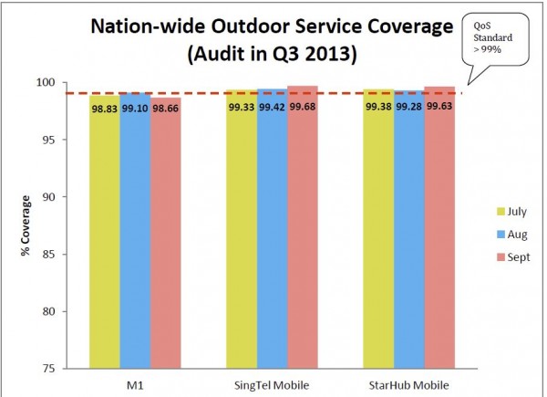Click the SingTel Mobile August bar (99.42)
[x=272, y=228]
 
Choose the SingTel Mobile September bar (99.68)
[x=303, y=227]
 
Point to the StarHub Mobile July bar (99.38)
[x=378, y=228]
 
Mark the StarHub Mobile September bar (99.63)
[x=439, y=227]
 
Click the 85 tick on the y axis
[x=72, y=255]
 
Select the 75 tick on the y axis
[x=72, y=369]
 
